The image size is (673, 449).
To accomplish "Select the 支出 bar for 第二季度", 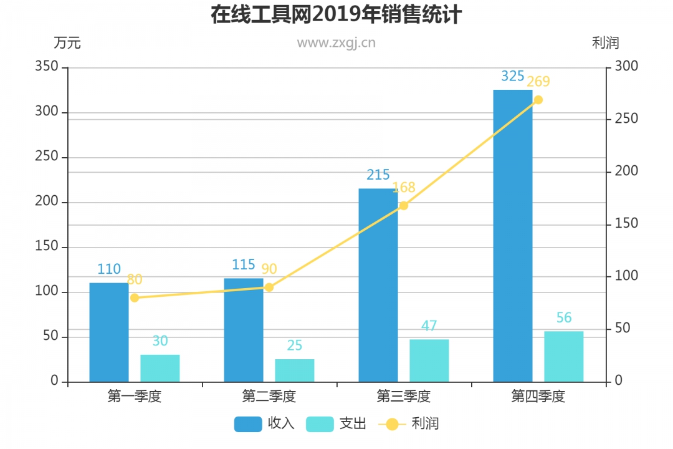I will click(295, 370).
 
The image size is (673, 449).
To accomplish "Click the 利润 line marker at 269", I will click(538, 100).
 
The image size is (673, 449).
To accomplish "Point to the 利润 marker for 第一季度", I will click(135, 297).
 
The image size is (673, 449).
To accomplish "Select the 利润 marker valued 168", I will click(404, 205).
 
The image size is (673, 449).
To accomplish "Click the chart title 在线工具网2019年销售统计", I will click(336, 14).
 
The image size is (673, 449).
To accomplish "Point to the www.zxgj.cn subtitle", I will click(336, 43).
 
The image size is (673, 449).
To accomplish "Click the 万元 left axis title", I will click(67, 43).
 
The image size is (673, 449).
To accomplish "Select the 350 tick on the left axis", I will click(47, 67).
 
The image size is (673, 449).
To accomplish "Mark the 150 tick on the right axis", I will click(626, 223).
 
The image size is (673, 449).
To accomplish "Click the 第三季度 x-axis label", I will click(404, 397).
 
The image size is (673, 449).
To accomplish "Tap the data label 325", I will click(513, 76).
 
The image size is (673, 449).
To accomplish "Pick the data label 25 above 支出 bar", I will click(295, 345).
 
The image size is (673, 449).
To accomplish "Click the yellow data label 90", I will click(269, 269).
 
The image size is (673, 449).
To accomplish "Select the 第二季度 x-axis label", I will click(269, 397).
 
